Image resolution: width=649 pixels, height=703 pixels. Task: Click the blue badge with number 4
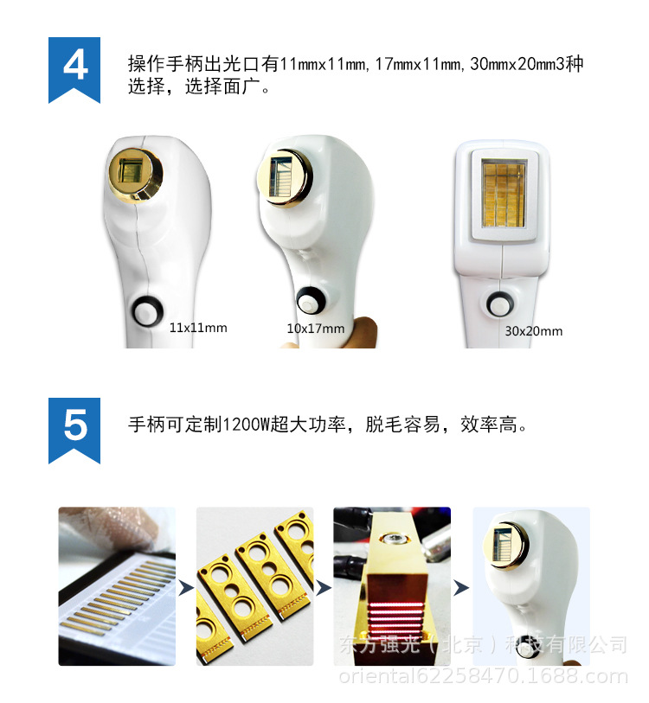click(x=75, y=67)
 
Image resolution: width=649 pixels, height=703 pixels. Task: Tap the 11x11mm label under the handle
click(x=198, y=328)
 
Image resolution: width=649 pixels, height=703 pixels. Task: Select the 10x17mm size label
click(x=316, y=329)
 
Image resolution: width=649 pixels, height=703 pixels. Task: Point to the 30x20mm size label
click(x=533, y=331)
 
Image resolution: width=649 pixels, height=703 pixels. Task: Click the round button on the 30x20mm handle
click(x=498, y=305)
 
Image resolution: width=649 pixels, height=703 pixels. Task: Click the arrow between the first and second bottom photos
click(x=185, y=589)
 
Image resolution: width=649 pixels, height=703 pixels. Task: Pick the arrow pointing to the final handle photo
click(x=461, y=588)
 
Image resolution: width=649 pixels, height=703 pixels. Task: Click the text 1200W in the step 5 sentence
click(x=246, y=425)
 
